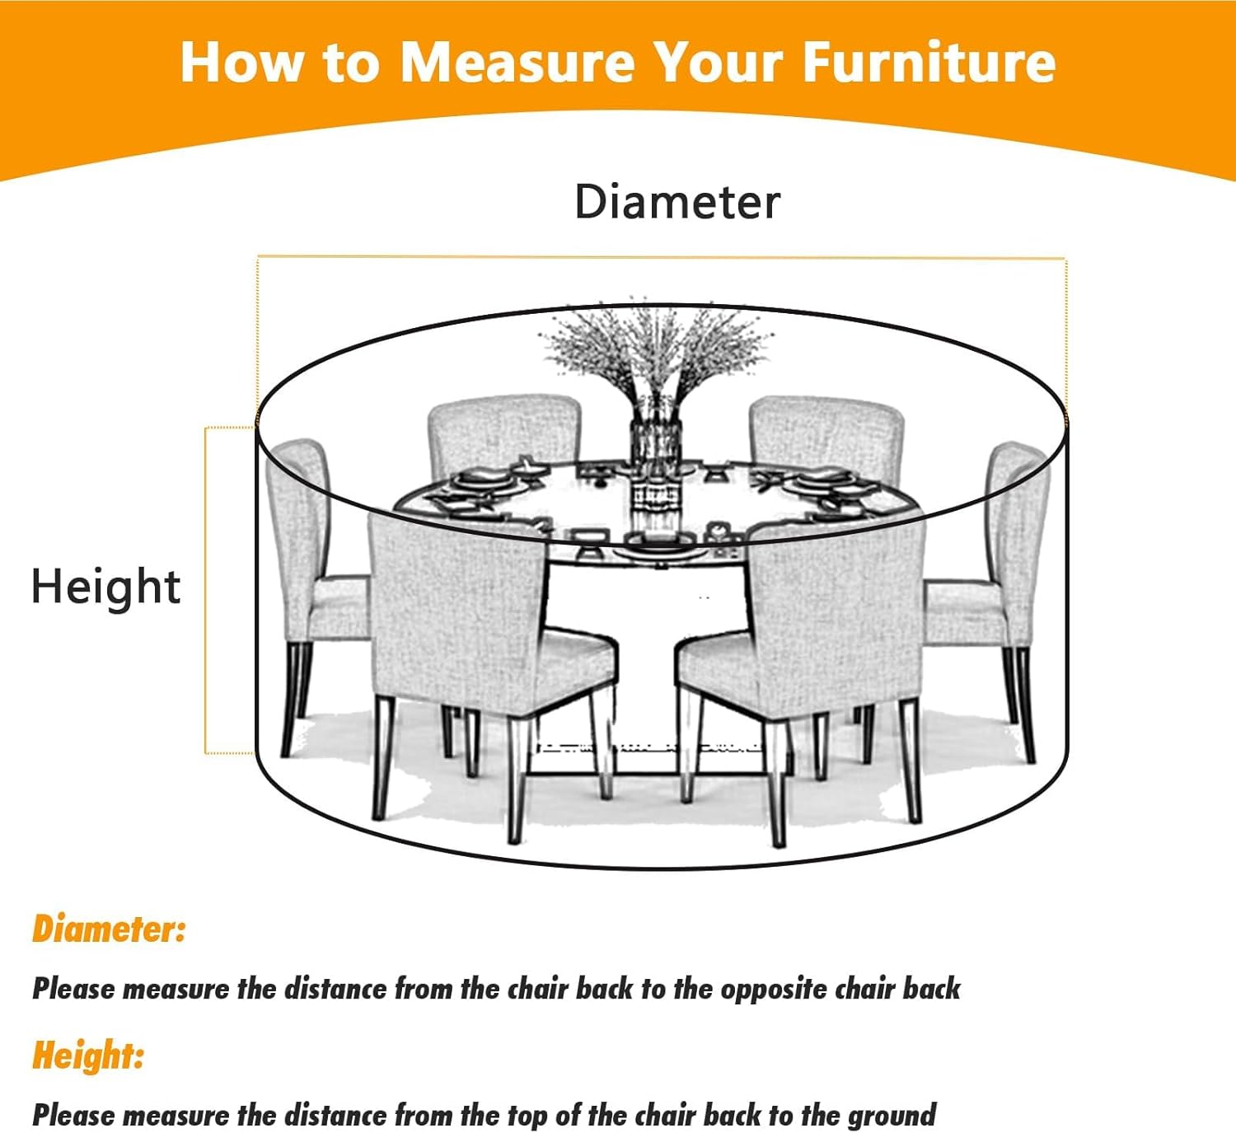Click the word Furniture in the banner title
(929, 62)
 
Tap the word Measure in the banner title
(517, 62)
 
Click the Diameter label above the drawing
(677, 202)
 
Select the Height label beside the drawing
(105, 587)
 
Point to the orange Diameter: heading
(109, 929)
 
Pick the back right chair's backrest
(826, 437)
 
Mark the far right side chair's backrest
(1018, 536)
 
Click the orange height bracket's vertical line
(205, 590)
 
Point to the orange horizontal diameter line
(661, 256)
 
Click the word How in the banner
(243, 62)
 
